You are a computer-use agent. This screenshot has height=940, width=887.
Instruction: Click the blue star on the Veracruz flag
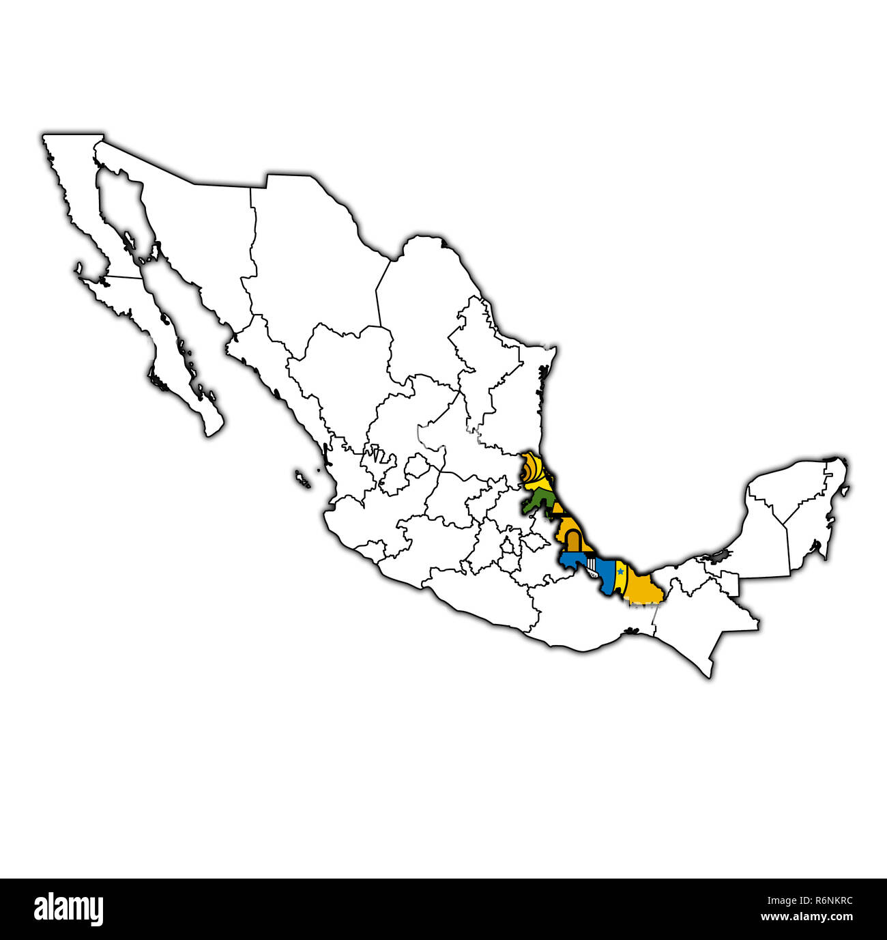[620, 571]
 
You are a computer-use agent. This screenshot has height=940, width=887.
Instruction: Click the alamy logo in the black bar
[69, 909]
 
